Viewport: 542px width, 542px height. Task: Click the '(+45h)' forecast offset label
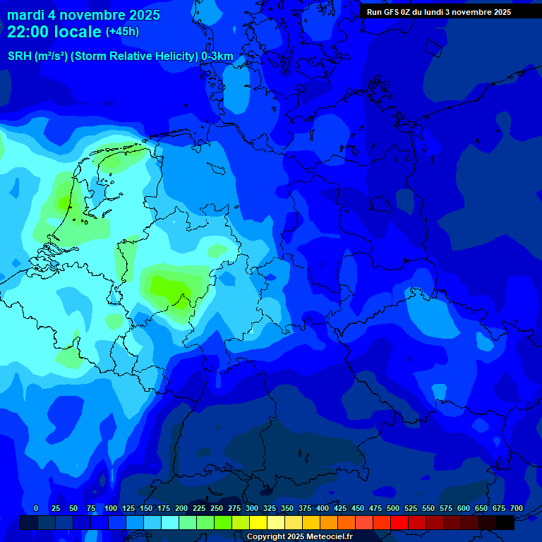pyautogui.click(x=123, y=32)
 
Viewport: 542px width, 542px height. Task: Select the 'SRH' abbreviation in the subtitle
pyautogui.click(x=19, y=56)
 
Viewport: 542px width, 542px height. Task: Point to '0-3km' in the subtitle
pyautogui.click(x=217, y=56)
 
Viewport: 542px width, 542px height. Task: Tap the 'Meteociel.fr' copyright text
pyautogui.click(x=329, y=537)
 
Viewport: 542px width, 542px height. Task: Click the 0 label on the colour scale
pyautogui.click(x=36, y=508)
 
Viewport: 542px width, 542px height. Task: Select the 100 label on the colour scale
pyautogui.click(x=111, y=508)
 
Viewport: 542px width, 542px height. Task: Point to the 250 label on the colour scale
pyautogui.click(x=217, y=508)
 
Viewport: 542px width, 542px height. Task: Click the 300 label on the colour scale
pyautogui.click(x=252, y=508)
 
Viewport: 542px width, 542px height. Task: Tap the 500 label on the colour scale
pyautogui.click(x=393, y=508)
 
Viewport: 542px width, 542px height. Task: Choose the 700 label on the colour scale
pyautogui.click(x=517, y=508)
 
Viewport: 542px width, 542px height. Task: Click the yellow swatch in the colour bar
pyautogui.click(x=258, y=522)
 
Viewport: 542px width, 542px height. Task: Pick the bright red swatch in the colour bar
pyautogui.click(x=399, y=522)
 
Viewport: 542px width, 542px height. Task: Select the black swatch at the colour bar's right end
pyautogui.click(x=505, y=522)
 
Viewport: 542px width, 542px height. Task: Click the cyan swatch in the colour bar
pyautogui.click(x=170, y=522)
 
